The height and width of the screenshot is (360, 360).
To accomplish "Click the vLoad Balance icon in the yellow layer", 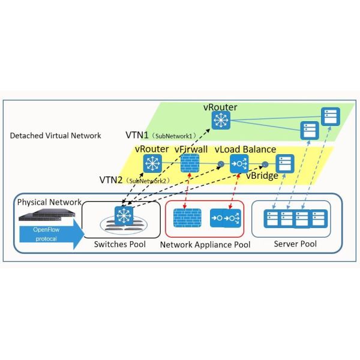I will [239, 163].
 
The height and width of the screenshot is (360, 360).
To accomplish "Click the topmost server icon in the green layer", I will [329, 115].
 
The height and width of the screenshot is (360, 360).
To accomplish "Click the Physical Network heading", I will [47, 202].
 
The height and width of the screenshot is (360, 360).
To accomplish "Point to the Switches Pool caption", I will [120, 244].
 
